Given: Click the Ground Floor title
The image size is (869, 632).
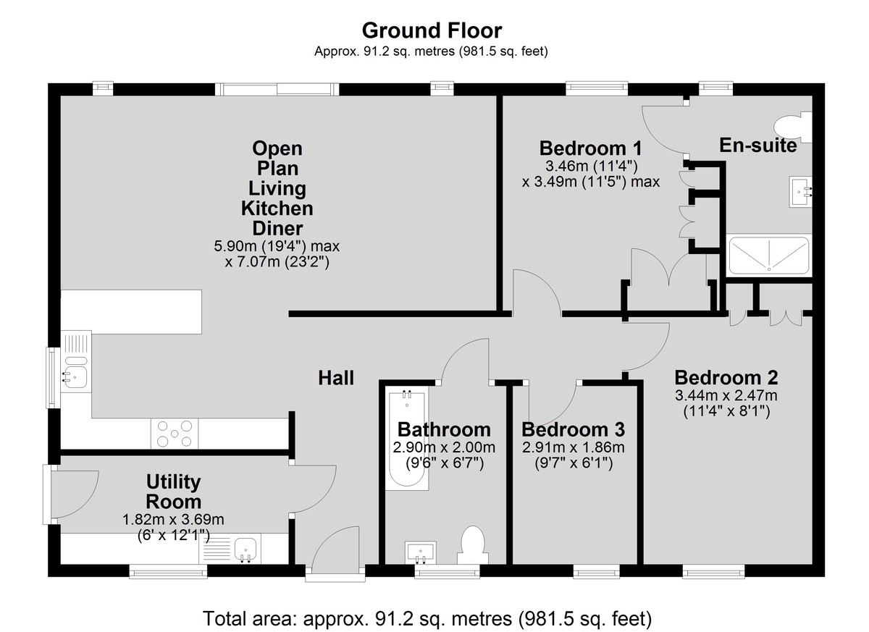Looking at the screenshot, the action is (x=432, y=30).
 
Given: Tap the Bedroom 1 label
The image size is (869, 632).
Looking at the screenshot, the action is (x=590, y=148).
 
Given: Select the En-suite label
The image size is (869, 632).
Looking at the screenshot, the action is (x=758, y=146).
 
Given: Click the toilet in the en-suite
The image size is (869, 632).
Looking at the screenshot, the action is (x=792, y=127).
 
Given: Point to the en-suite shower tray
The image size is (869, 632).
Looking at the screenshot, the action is (x=769, y=255).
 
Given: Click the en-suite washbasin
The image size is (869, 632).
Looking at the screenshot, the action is (x=800, y=192).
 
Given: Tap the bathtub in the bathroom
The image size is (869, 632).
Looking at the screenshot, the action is (x=407, y=438).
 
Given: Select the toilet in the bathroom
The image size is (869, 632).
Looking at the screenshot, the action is (x=473, y=544).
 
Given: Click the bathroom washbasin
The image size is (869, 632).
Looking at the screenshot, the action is (x=421, y=552).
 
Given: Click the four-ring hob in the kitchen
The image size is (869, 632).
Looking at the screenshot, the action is (x=175, y=434).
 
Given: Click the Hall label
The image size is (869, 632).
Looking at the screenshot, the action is (x=336, y=378).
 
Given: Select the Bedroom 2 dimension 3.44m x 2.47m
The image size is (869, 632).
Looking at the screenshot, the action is (x=726, y=395).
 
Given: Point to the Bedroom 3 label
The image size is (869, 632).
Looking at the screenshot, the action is (x=573, y=429).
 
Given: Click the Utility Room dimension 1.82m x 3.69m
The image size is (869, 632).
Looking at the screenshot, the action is (x=173, y=520).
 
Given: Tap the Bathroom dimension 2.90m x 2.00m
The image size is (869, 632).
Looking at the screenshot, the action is (x=444, y=447).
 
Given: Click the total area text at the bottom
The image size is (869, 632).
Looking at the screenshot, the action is (x=427, y=619).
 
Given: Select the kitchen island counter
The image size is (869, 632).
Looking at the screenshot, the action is (x=131, y=312).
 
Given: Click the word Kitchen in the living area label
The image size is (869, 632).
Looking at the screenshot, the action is (x=277, y=208).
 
